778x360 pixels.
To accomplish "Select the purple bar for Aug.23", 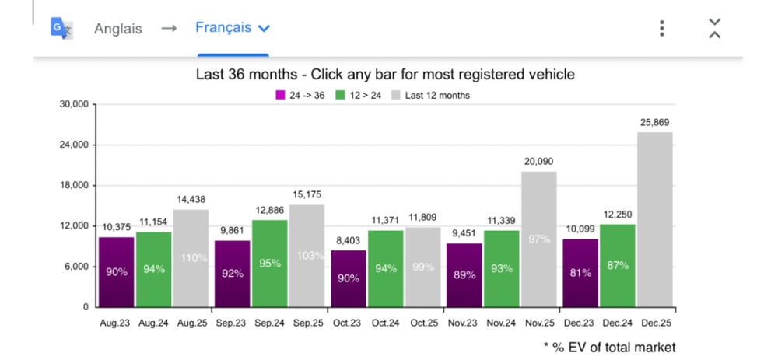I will pyautogui.click(x=116, y=271).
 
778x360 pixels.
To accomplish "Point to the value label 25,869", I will pyautogui.click(x=655, y=122).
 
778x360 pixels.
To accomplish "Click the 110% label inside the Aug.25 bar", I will pyautogui.click(x=191, y=258).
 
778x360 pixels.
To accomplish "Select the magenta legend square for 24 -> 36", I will pyautogui.click(x=280, y=96).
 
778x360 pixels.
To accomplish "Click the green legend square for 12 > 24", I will pyautogui.click(x=340, y=96).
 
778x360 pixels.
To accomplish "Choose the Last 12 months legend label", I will pyautogui.click(x=436, y=96).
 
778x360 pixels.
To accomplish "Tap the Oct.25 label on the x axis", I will pyautogui.click(x=423, y=321).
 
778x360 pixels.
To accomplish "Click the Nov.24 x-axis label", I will pyautogui.click(x=501, y=321).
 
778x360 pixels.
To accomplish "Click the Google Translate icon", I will pyautogui.click(x=61, y=28).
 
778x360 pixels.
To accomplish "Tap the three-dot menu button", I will pyautogui.click(x=662, y=29).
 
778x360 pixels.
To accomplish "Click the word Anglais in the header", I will pyautogui.click(x=117, y=29).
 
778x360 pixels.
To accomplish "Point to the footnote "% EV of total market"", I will pyautogui.click(x=614, y=347).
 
